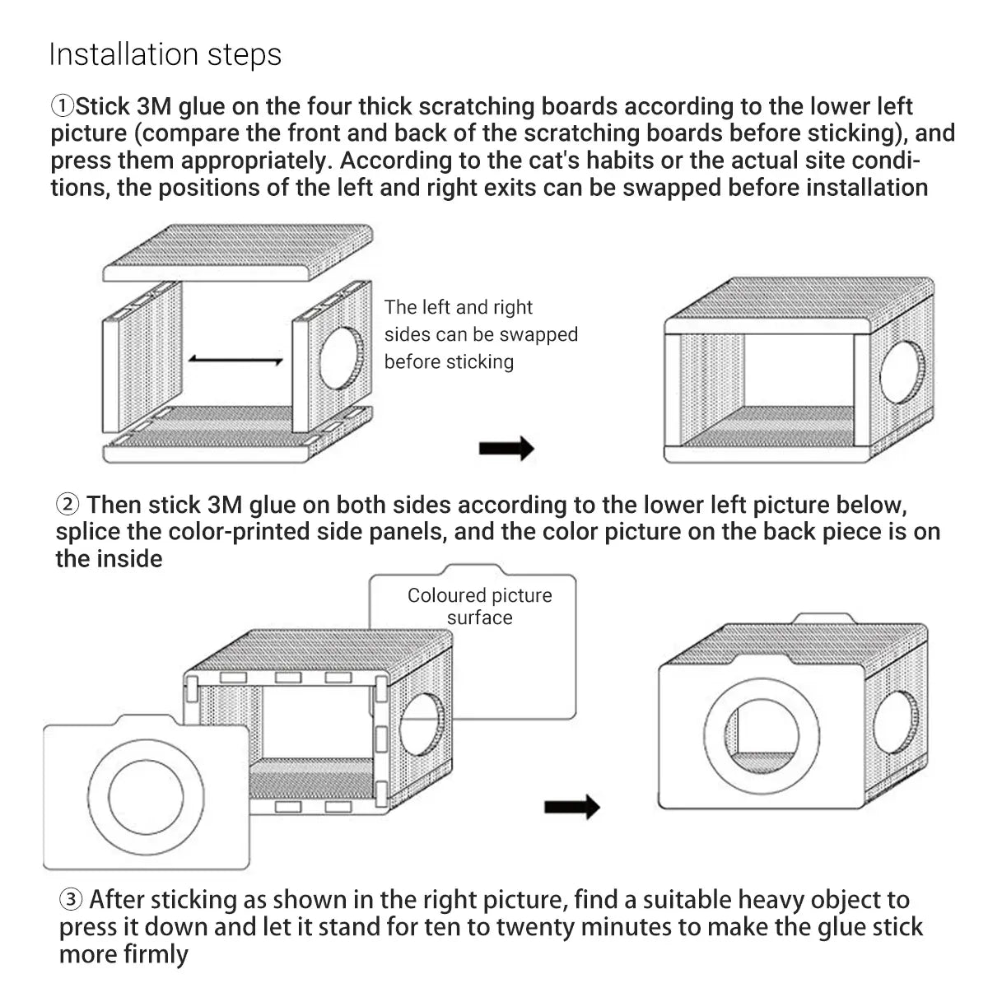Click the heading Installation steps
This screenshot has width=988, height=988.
[x=165, y=55]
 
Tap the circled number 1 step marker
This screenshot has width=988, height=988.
[x=63, y=107]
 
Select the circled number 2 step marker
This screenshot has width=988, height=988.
[x=68, y=505]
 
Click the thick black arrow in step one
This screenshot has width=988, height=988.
[x=506, y=448]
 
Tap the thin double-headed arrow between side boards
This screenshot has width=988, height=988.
[x=235, y=360]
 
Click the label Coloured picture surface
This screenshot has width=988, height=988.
[x=479, y=606]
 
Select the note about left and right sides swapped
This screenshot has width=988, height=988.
[x=481, y=334]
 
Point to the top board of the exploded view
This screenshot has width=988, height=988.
[x=238, y=252]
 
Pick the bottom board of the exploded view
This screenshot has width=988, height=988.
[x=238, y=435]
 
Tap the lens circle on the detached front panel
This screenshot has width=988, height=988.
[x=146, y=797]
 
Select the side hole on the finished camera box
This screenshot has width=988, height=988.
[x=895, y=722]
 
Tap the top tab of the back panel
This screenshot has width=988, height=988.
[x=473, y=569]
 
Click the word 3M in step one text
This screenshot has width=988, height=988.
[x=154, y=107]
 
